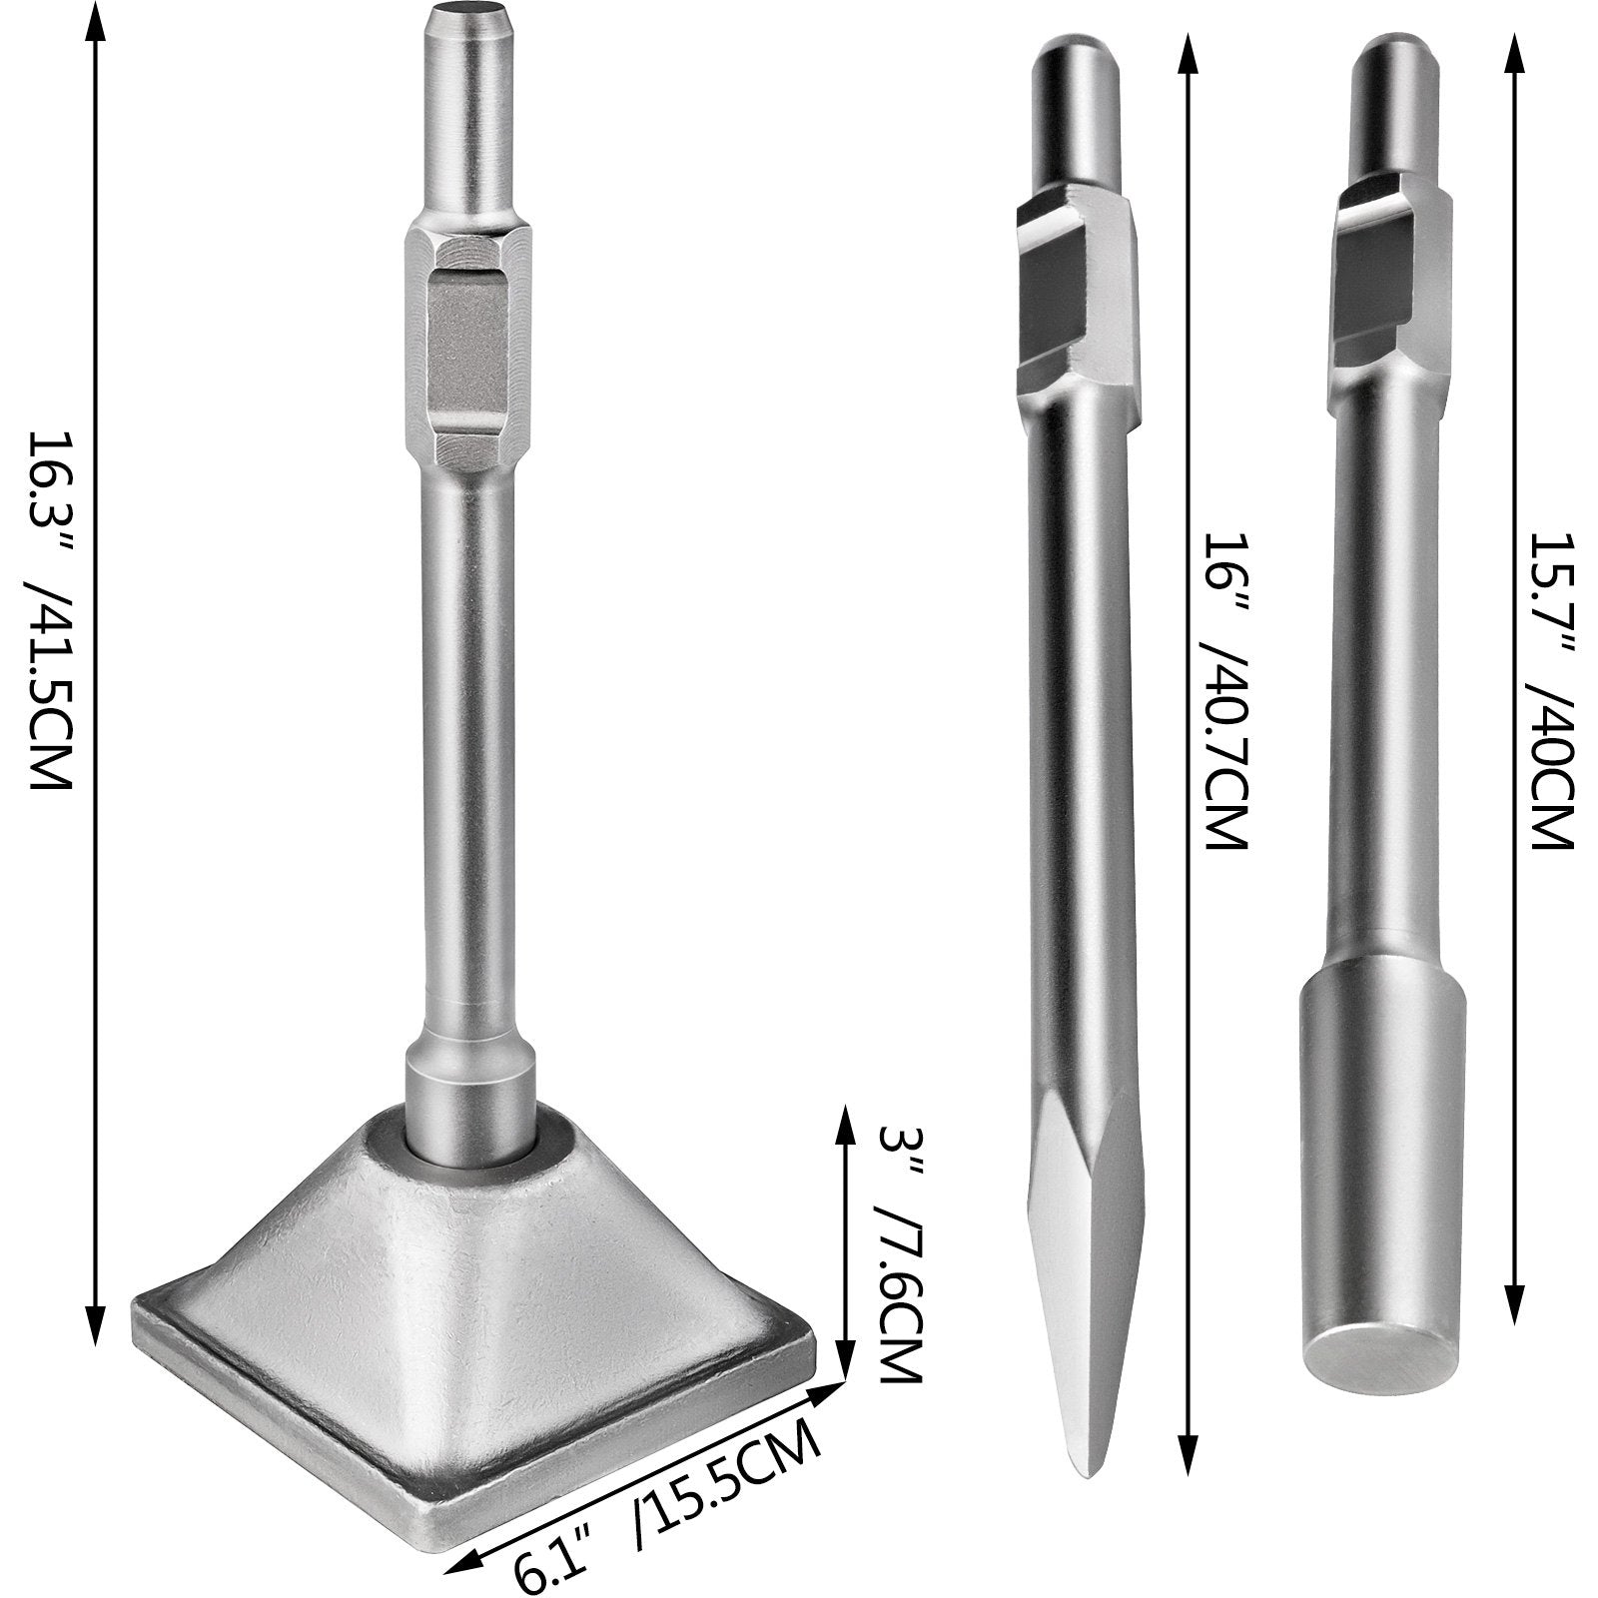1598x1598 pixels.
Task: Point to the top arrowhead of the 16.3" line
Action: (97, 20)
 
